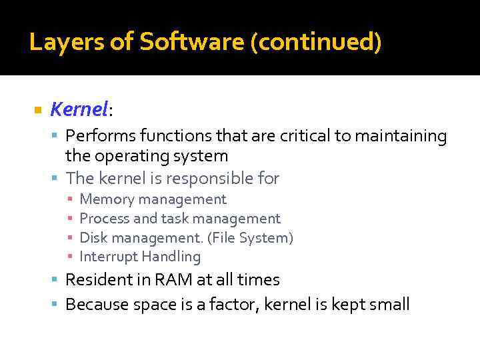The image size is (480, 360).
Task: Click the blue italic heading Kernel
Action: [x=79, y=108]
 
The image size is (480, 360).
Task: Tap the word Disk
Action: [x=93, y=238]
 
